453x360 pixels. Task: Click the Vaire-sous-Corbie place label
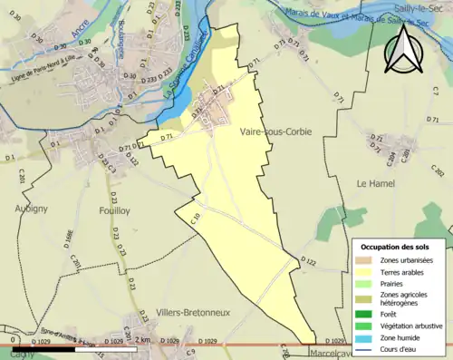coord(276,132)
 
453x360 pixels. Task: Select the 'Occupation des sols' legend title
coord(397,247)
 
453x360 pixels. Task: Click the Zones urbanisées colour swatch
coord(367,260)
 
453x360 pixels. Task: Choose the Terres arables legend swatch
coord(367,271)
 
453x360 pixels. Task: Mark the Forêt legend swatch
coord(367,312)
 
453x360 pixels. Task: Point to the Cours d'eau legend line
coord(367,346)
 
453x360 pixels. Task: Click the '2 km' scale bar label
coord(145,340)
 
